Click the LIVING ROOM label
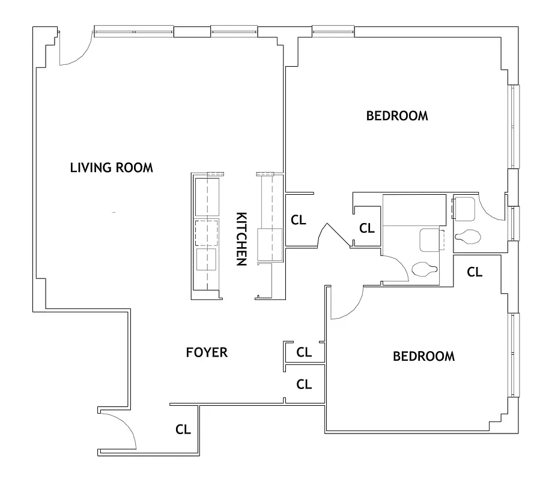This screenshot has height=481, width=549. (x=111, y=168)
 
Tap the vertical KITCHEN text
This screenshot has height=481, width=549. (x=241, y=239)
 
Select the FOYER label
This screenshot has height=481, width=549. (x=207, y=352)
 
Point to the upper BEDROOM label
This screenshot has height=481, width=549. (x=397, y=116)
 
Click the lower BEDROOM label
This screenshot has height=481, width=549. (x=423, y=357)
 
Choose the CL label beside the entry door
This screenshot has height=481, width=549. (x=183, y=429)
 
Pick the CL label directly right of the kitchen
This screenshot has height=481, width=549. (x=299, y=220)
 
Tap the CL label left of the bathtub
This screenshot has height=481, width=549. (x=366, y=228)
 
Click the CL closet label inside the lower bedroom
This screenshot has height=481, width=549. (x=475, y=272)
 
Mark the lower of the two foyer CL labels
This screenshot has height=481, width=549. (x=305, y=384)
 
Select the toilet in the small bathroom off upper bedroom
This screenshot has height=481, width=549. (x=467, y=237)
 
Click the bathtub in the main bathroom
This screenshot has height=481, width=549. (x=414, y=210)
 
